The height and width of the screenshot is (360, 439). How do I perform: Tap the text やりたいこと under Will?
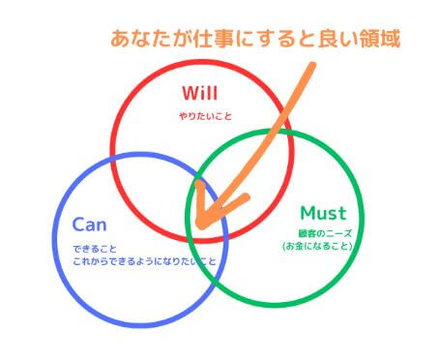point(201,116)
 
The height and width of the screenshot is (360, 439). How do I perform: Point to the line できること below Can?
point(94,249)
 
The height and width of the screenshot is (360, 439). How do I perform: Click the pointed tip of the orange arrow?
point(198,224)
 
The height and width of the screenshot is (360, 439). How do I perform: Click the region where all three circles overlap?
point(206,207)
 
